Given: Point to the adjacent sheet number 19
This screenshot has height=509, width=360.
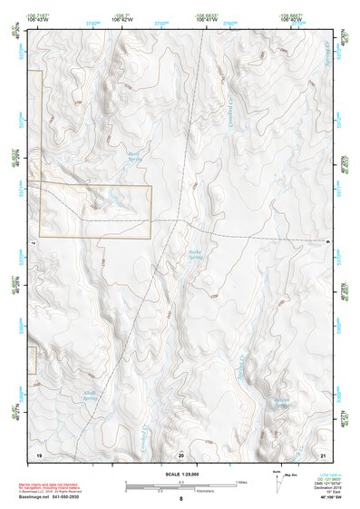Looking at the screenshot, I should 39,453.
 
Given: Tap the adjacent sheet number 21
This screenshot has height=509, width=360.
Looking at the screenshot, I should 324,453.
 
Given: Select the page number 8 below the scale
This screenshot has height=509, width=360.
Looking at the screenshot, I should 180,498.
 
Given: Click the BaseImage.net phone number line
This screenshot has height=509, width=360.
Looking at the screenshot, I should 63,496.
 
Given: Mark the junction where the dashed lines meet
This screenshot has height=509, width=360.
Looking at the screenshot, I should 185,219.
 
